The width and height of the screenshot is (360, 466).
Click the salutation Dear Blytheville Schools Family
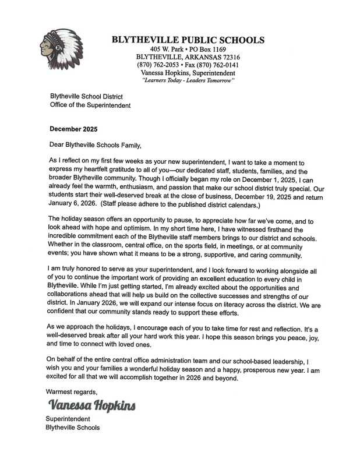pos(93,143)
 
